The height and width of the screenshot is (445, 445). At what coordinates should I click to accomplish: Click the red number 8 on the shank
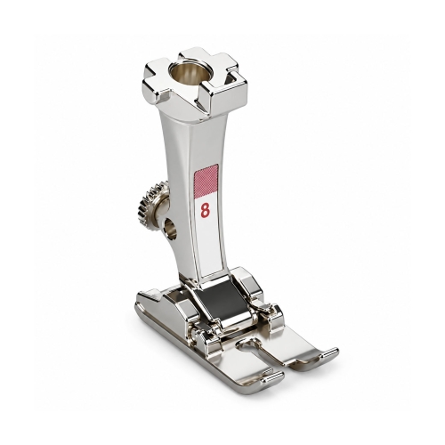pyautogui.click(x=205, y=210)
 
